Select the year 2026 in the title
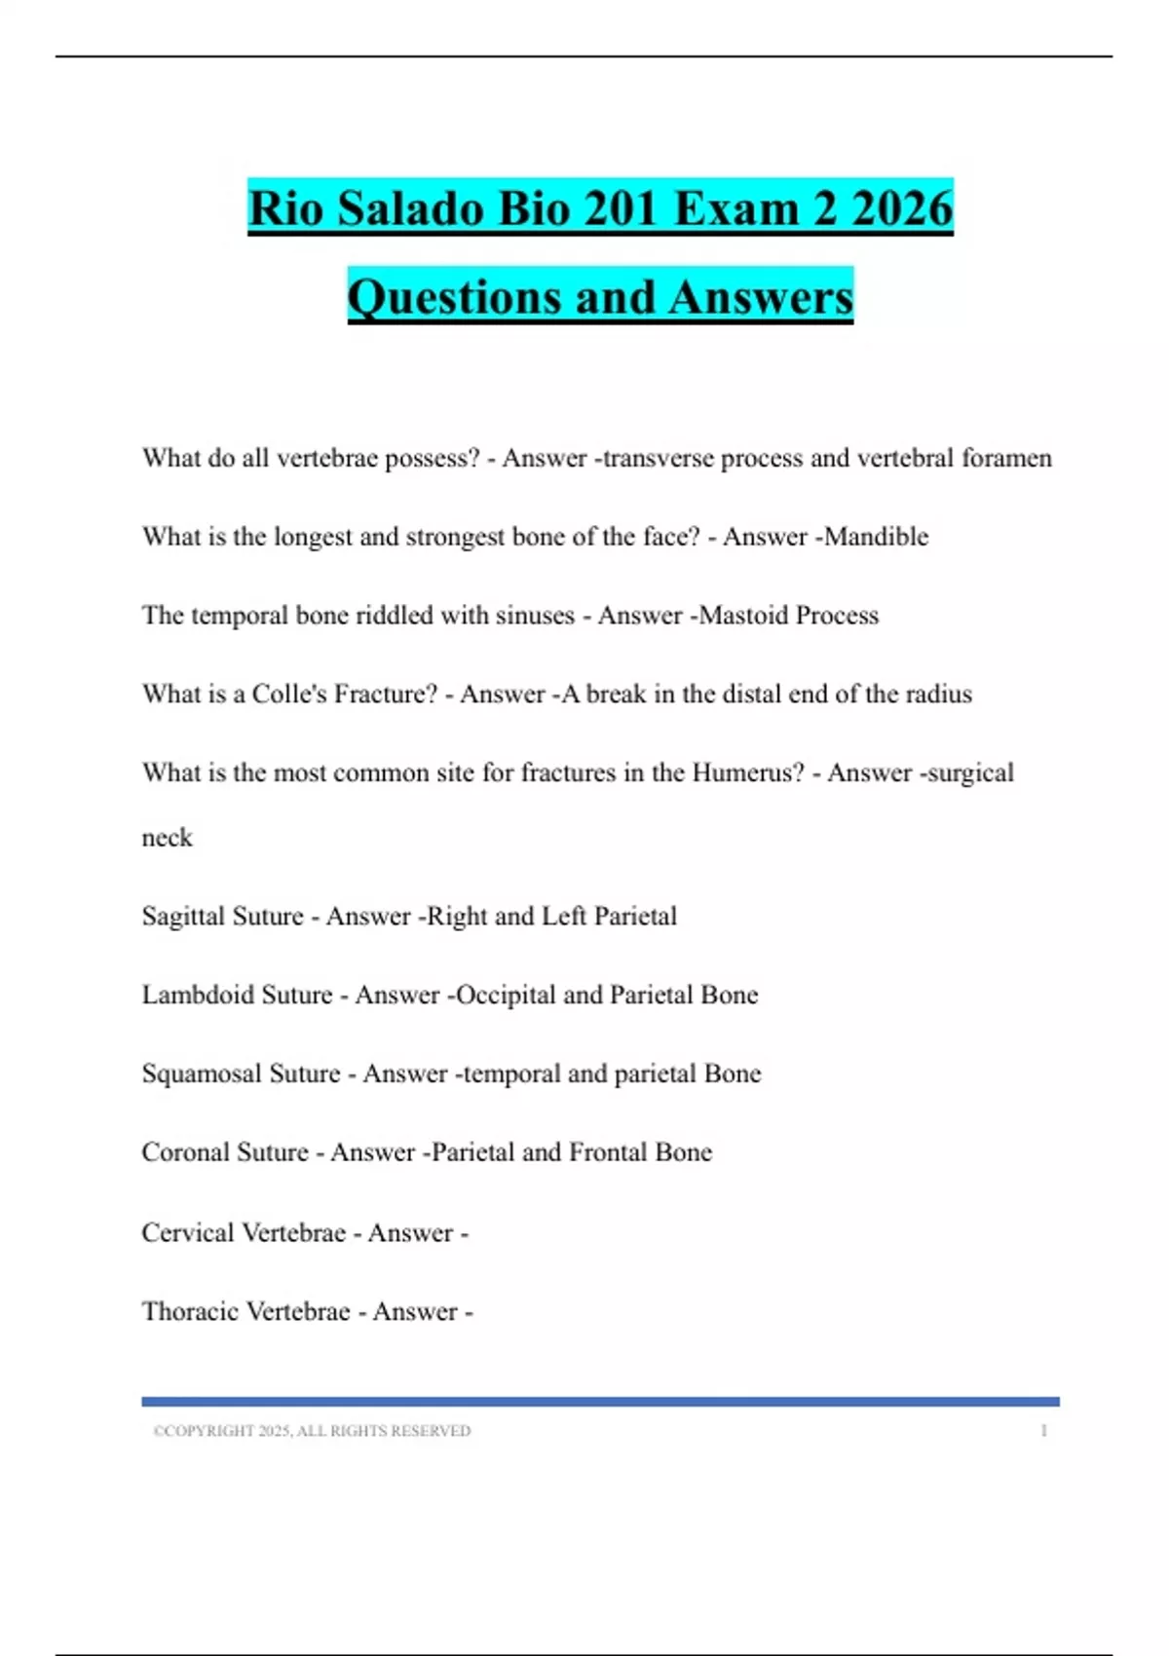pyautogui.click(x=902, y=208)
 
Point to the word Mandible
pyautogui.click(x=876, y=537)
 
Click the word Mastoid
pyautogui.click(x=744, y=616)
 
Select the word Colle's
pyautogui.click(x=289, y=694)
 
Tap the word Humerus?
pyautogui.click(x=748, y=772)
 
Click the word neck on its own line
pyautogui.click(x=167, y=838)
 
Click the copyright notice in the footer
pyautogui.click(x=312, y=1431)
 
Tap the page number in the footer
pyautogui.click(x=1043, y=1431)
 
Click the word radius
pyautogui.click(x=938, y=694)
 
